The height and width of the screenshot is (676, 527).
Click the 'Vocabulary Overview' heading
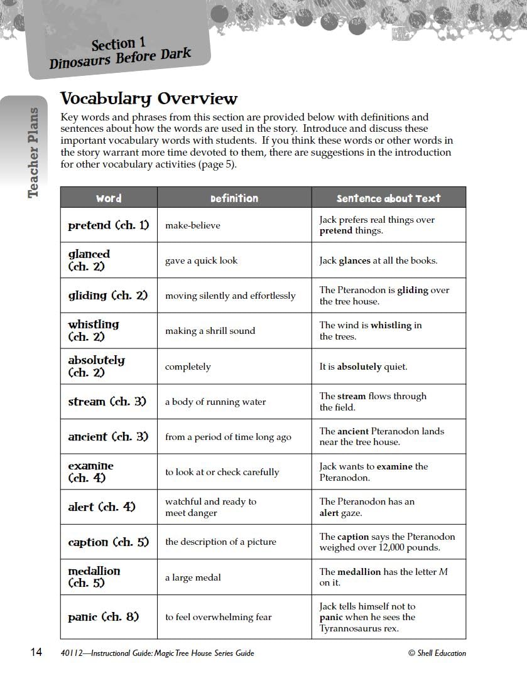148,99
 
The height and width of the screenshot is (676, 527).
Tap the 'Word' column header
109,198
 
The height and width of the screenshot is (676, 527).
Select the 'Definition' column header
234,198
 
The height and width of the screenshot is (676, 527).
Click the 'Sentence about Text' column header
388,198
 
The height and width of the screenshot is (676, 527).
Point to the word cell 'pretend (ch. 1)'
109,225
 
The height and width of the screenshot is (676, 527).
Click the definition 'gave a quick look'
201,260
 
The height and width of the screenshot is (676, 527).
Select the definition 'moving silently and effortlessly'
230,296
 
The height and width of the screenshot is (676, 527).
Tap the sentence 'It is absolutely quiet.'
363,367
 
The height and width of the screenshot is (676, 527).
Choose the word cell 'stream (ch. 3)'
108,402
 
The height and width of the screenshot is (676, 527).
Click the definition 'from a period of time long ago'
228,437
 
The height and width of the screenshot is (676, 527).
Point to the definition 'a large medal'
193,577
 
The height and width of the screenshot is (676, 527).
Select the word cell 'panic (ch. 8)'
104,617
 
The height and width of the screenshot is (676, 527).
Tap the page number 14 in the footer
36,653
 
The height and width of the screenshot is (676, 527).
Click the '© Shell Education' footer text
437,653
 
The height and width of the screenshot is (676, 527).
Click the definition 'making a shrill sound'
210,331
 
